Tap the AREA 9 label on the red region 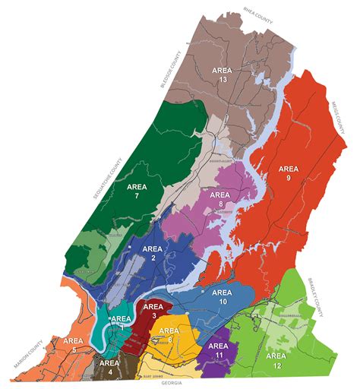click(289, 174)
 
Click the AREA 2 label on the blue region click(153, 254)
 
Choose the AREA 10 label click(222, 296)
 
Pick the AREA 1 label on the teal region click(122, 321)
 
